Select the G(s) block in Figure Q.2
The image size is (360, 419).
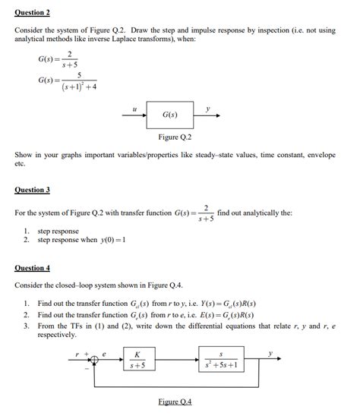pos(171,115)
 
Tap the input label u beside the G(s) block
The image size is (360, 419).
pos(134,109)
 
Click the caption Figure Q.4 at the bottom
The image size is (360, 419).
pos(175,402)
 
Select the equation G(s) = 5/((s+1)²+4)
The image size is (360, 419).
pos(68,81)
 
